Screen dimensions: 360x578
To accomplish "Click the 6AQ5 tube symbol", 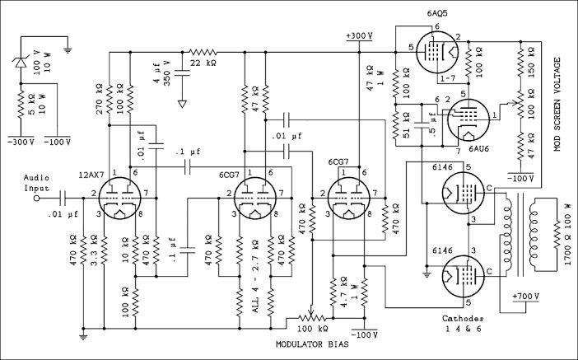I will tap(434, 52).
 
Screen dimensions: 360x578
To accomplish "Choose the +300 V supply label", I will tap(358, 37).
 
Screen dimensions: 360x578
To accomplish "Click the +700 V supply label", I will tap(525, 296).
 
